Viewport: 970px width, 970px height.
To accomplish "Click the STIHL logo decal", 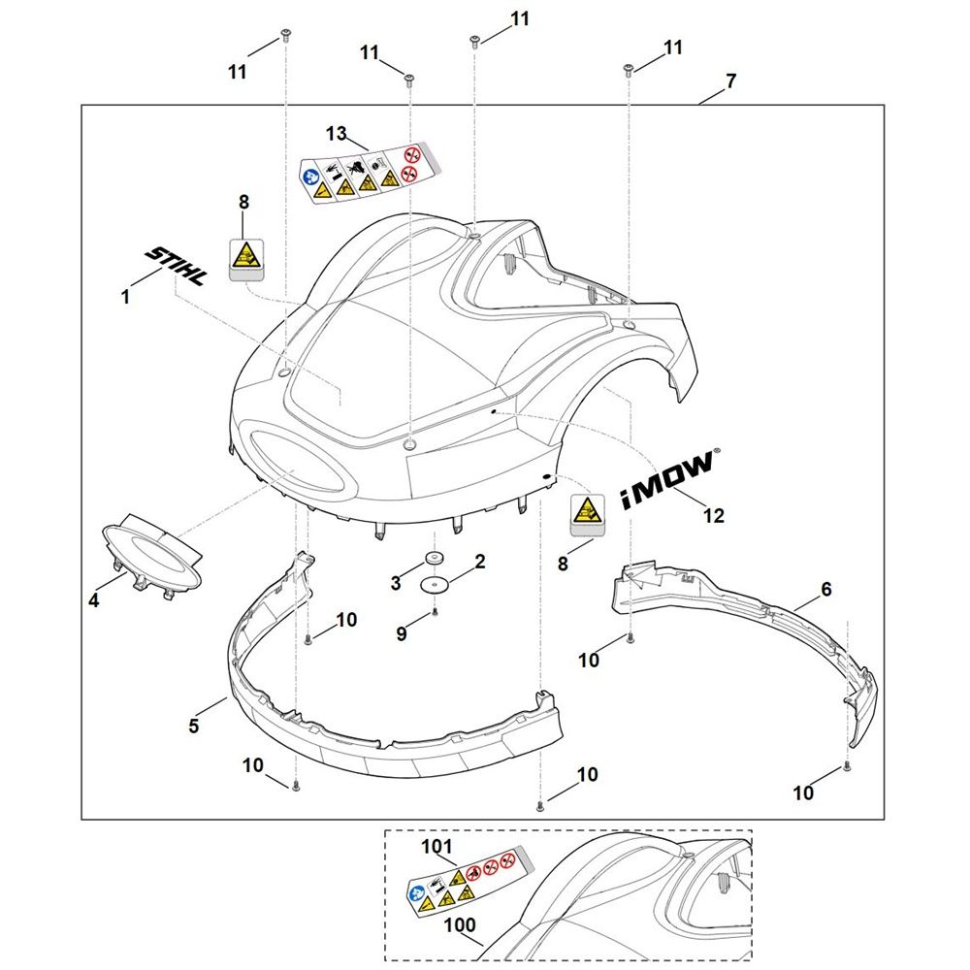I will [176, 265].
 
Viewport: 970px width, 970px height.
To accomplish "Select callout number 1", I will [125, 298].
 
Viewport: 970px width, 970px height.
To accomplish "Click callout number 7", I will [730, 81].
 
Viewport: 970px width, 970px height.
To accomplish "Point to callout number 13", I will [336, 132].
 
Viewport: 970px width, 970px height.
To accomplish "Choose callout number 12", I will [713, 516].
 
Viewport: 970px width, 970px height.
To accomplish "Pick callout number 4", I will [93, 600].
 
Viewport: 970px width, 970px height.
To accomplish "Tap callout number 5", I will [194, 725].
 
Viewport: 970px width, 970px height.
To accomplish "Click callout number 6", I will [826, 589].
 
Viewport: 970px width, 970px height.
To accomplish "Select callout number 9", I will [402, 632].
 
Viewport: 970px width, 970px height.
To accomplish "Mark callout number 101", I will [437, 847].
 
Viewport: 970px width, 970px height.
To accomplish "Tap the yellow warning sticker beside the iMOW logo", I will [585, 512].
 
